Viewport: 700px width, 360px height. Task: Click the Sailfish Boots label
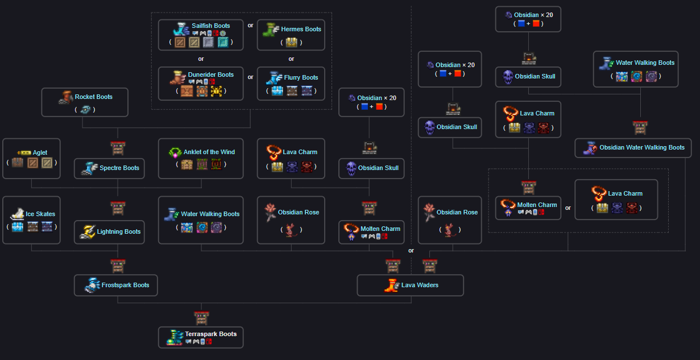[x=210, y=26]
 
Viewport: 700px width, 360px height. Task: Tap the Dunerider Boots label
[x=210, y=75]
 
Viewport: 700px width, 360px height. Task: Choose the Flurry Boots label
[x=301, y=77]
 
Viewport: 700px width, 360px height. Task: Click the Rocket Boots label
[x=93, y=97]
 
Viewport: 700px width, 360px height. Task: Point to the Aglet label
[x=40, y=152]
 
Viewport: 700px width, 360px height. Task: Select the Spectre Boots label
[x=119, y=168]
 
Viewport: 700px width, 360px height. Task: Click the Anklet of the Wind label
[x=209, y=152]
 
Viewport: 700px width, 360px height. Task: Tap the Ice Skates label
[x=40, y=214]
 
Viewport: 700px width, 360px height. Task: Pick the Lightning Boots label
[x=119, y=231]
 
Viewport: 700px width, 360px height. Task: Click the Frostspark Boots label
[x=125, y=285]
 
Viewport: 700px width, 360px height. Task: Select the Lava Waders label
[x=420, y=285]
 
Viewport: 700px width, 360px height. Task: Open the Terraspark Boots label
[x=210, y=334]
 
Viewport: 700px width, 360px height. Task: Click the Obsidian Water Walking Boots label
[x=642, y=147]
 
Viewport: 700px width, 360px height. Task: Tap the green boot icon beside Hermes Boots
[x=270, y=30]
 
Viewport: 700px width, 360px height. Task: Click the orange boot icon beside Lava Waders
[x=391, y=285]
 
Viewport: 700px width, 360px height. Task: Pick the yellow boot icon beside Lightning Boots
[x=88, y=232]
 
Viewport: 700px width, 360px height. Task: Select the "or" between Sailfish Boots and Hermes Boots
[x=251, y=25]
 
